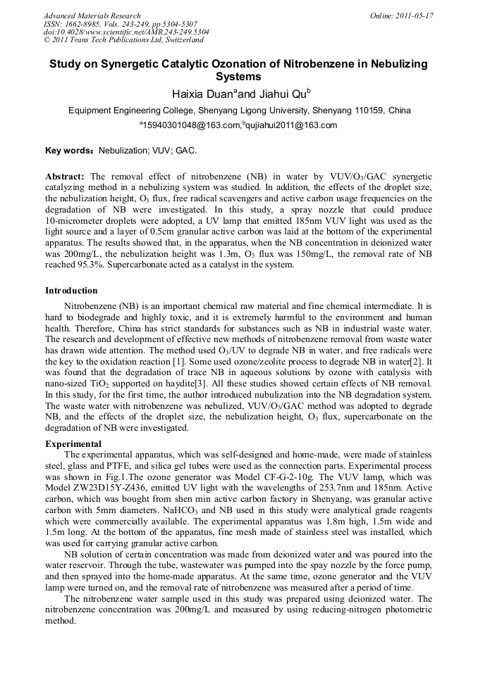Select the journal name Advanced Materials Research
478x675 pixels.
pos(92,15)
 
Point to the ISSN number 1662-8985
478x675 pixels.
pos(84,24)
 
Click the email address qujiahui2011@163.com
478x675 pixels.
pos(281,126)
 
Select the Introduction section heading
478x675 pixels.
pos(71,291)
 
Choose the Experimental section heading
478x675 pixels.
pos(73,444)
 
